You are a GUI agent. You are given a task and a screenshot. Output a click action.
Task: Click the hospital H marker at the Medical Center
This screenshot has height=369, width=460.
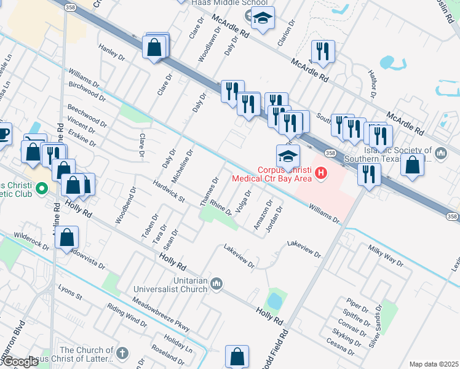point(320,175)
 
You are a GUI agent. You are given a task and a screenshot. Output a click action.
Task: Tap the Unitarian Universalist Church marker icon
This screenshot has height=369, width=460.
point(216,284)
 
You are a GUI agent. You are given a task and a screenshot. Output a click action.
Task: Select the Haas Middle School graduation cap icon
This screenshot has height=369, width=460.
point(263,19)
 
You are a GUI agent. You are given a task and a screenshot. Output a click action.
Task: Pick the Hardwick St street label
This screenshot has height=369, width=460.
point(169,190)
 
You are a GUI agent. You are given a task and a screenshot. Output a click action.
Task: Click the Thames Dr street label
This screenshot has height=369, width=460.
point(210,192)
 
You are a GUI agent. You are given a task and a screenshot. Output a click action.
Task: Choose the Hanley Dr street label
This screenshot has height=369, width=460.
point(111,52)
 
